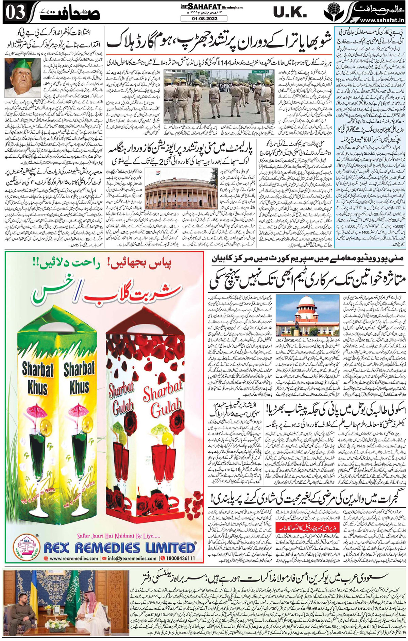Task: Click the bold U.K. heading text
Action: tap(290, 13)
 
